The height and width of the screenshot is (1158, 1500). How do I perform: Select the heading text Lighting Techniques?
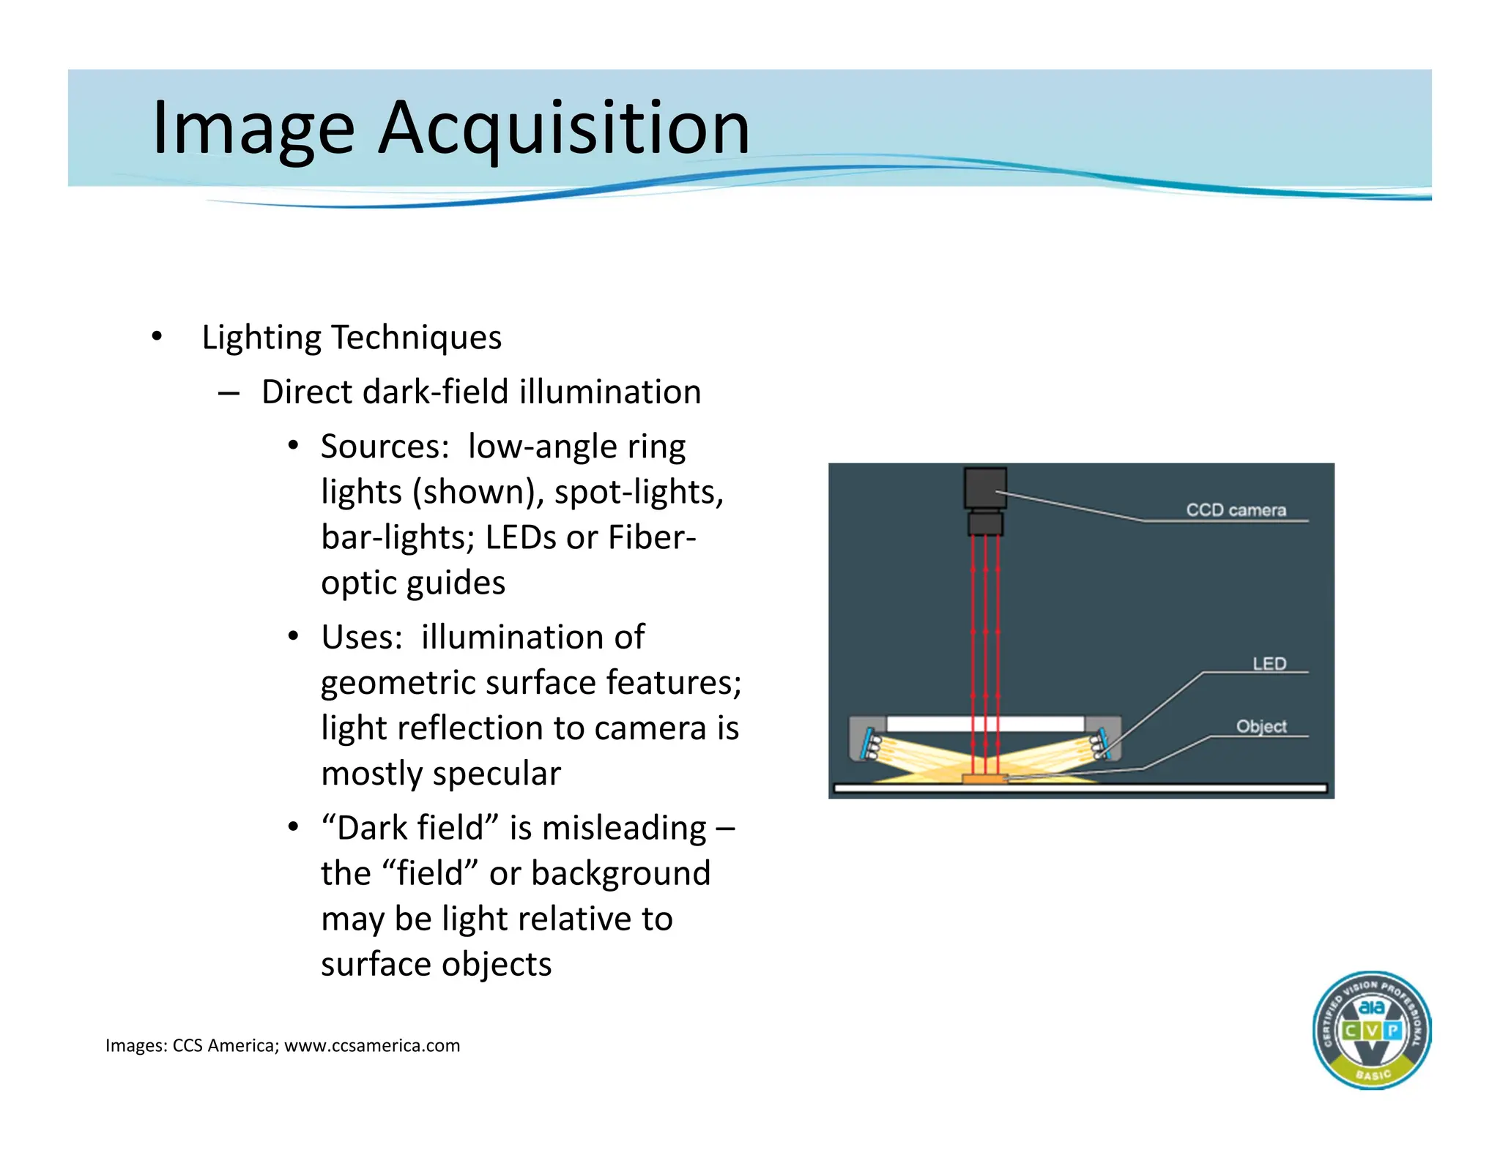(352, 337)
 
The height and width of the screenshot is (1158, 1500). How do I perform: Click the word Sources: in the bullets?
(385, 447)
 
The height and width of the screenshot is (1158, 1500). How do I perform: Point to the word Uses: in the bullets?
(362, 637)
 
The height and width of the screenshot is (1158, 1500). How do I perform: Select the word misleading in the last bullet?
(624, 828)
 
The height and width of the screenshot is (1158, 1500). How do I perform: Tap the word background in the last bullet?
(620, 873)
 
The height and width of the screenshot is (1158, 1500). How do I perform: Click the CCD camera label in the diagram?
(1236, 510)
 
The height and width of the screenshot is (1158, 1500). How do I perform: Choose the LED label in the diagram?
(1269, 663)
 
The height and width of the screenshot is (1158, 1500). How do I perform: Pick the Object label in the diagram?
(1261, 726)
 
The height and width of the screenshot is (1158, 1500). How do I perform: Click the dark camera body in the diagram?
(985, 489)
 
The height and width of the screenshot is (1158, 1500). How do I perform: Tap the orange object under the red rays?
(985, 779)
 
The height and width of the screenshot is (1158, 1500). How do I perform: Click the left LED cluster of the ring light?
(872, 744)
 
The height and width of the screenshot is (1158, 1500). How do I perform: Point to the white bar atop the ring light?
(985, 724)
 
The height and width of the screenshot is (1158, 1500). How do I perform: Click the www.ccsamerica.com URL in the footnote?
(372, 1045)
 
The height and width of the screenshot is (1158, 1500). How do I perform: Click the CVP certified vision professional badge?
(1371, 1030)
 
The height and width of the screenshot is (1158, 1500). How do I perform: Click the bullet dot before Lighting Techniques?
(156, 337)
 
